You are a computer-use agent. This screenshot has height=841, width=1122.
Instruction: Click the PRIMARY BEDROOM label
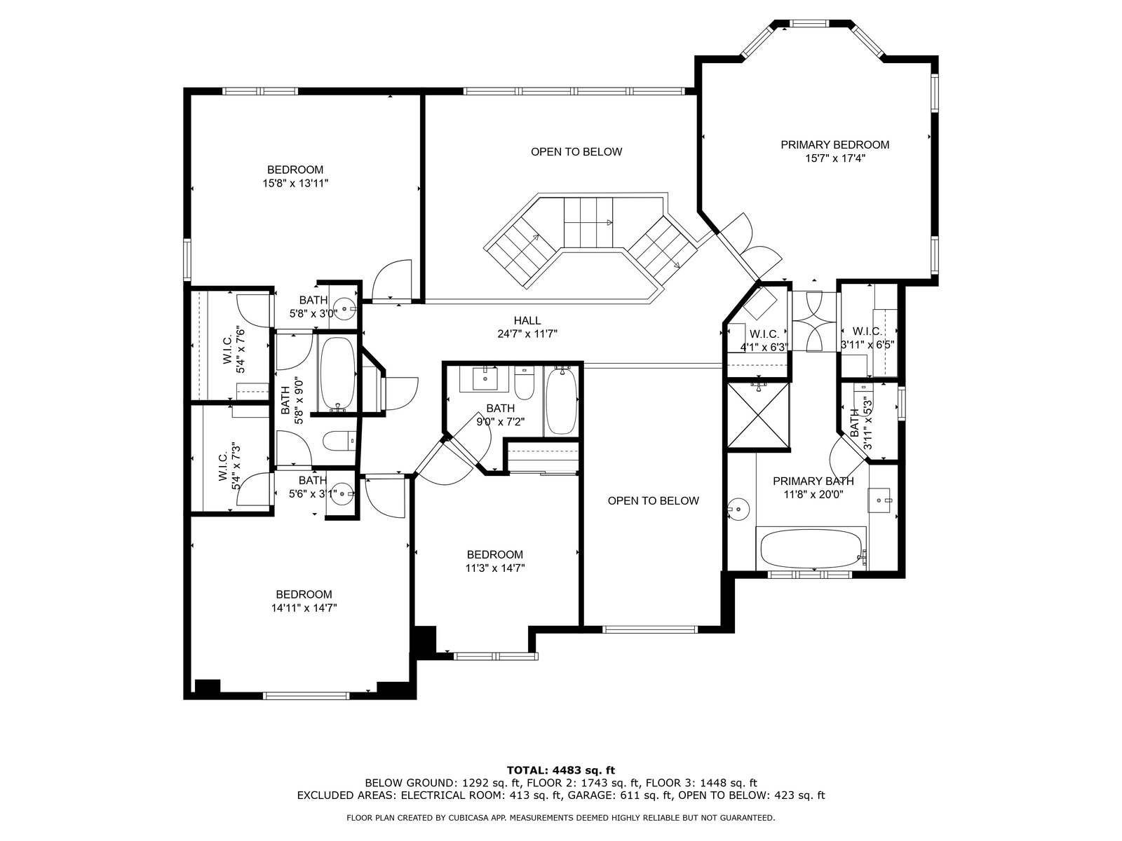click(834, 145)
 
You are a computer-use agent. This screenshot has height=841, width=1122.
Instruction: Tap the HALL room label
click(527, 321)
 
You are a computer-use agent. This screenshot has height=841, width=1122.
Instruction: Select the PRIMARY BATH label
click(813, 481)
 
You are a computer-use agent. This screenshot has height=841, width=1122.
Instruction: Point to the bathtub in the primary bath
click(811, 549)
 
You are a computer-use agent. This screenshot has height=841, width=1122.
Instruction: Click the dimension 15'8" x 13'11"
click(295, 184)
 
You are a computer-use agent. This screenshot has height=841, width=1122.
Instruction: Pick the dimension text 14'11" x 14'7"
click(304, 608)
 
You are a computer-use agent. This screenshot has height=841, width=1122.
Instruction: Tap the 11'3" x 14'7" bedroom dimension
click(495, 568)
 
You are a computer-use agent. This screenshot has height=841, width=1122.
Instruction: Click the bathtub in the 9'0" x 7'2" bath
click(561, 401)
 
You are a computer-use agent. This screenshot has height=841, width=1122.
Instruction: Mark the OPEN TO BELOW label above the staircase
click(576, 151)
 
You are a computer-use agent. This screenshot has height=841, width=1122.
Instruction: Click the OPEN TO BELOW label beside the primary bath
click(654, 501)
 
